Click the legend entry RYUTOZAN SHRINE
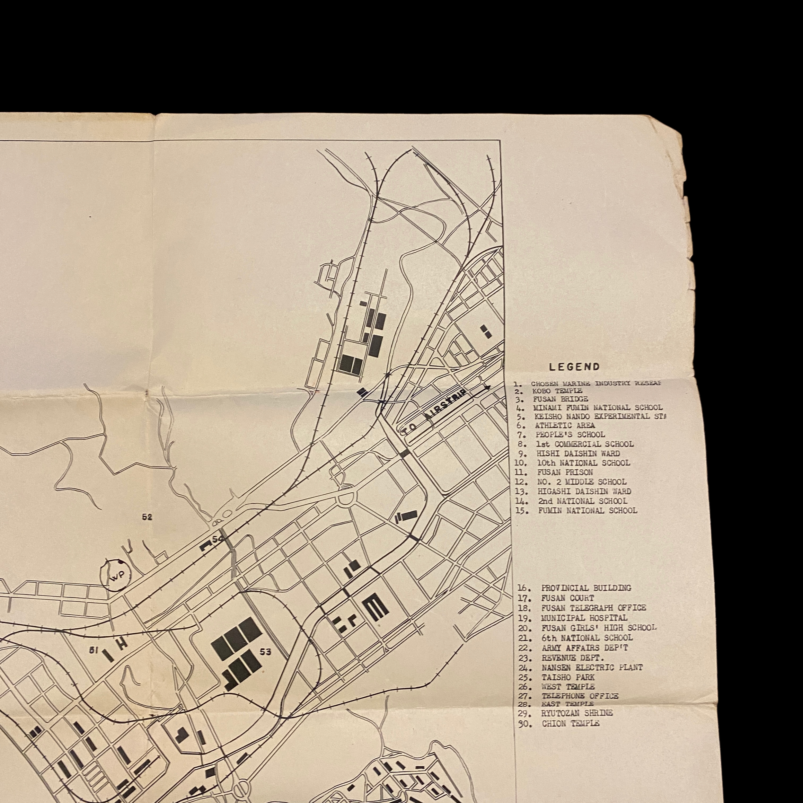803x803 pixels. click(577, 713)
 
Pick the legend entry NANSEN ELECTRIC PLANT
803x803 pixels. click(592, 667)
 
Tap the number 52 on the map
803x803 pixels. click(147, 517)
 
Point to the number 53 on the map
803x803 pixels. click(266, 652)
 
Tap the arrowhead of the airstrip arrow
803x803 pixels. click(489, 388)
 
